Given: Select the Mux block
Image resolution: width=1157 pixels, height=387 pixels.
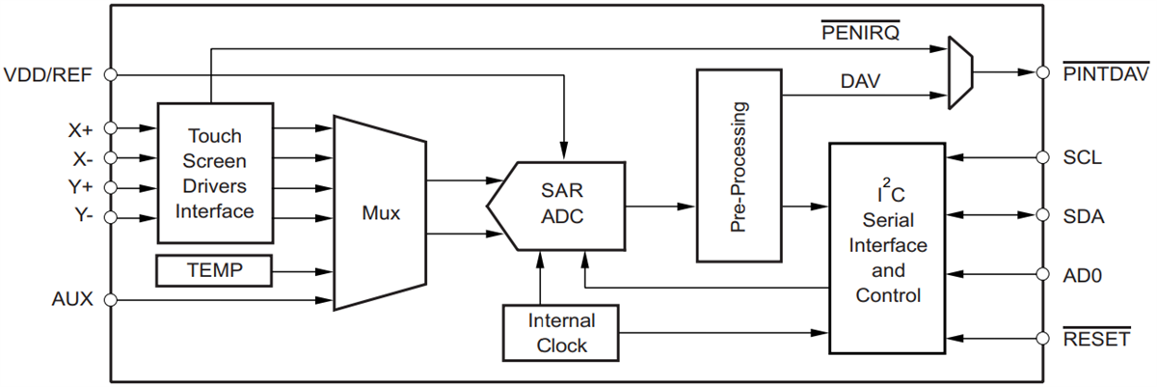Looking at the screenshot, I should click(x=380, y=213).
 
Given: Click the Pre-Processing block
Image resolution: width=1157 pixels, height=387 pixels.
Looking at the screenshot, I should click(x=739, y=165).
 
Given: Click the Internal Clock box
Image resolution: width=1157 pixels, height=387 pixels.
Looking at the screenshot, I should click(x=560, y=332).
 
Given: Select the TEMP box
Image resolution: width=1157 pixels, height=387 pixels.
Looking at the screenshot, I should click(x=214, y=271).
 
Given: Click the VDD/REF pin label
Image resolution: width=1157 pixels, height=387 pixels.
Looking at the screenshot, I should click(x=48, y=74).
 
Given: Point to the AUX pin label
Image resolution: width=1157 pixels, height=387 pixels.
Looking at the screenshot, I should click(x=72, y=299).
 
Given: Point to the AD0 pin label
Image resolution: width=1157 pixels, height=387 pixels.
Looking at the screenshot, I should click(x=1082, y=275).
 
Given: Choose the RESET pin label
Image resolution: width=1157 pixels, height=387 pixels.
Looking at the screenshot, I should click(x=1095, y=338).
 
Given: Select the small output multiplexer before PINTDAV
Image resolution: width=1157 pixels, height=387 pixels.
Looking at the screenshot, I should click(x=960, y=72).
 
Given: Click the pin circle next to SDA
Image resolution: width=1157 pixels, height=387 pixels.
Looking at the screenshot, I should click(x=1042, y=215).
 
